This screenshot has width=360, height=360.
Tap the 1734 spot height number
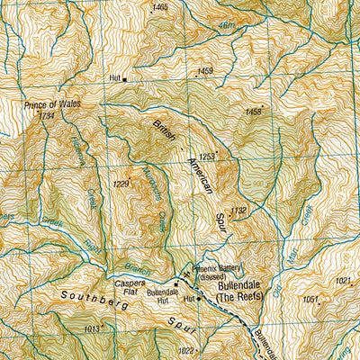tap(47, 116)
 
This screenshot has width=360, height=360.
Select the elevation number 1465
tap(160, 7)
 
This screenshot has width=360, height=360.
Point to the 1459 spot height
tap(206, 71)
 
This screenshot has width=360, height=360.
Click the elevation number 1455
tap(253, 112)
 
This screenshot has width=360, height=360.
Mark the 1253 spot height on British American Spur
tap(207, 157)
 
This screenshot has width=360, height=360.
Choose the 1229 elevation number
tap(121, 184)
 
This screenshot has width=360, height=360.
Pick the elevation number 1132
tap(238, 211)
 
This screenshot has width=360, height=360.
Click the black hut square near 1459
tap(124, 79)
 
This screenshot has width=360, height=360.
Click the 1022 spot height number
tap(185, 351)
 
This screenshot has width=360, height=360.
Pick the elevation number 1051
tap(310, 299)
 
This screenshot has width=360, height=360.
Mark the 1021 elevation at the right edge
tap(344, 281)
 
